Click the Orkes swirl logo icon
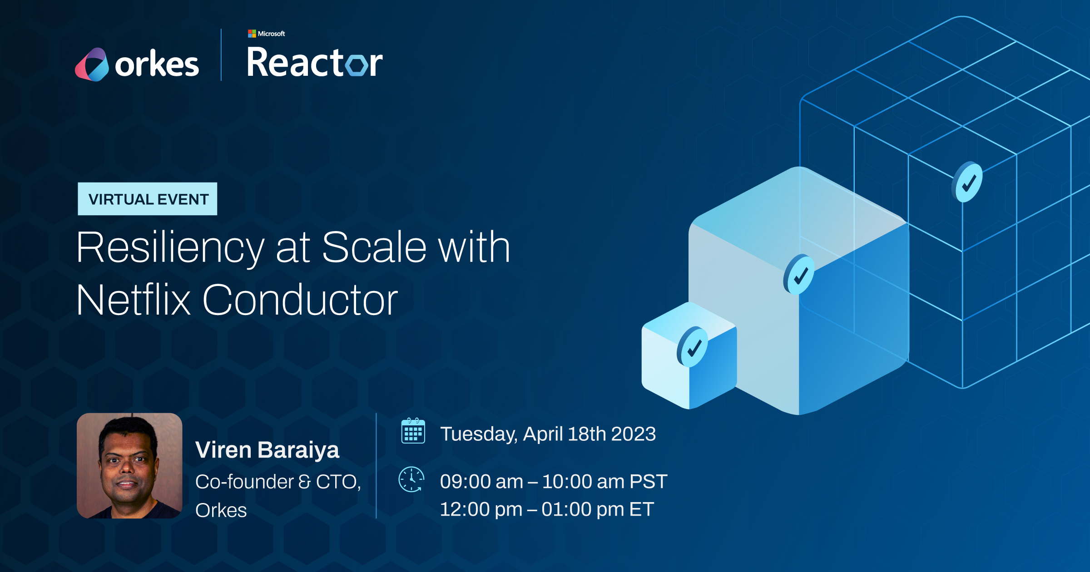pyautogui.click(x=92, y=64)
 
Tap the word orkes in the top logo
pyautogui.click(x=157, y=64)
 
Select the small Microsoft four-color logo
pyautogui.click(x=252, y=34)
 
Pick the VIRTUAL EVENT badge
pyautogui.click(x=148, y=199)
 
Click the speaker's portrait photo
pyautogui.click(x=129, y=465)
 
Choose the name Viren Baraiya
pyautogui.click(x=267, y=450)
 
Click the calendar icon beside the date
pyautogui.click(x=413, y=431)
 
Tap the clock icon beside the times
pyautogui.click(x=411, y=479)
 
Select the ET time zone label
pyautogui.click(x=641, y=509)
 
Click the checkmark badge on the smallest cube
pyautogui.click(x=693, y=347)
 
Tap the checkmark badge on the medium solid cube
pyautogui.click(x=799, y=275)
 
